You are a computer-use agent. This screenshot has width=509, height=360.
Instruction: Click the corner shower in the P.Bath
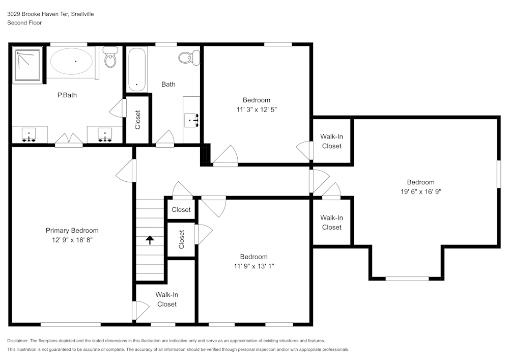pos(27,65)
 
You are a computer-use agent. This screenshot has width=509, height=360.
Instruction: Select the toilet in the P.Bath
pos(110,58)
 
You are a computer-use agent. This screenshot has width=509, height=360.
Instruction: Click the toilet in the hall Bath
pos(190,57)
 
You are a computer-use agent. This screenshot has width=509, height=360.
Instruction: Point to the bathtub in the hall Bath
pos(137,69)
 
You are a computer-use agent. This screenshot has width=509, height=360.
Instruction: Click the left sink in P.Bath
pos(29,135)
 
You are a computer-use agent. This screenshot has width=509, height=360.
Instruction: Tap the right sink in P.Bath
pos(105,135)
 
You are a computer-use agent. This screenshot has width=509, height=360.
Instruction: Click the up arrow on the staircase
pos(150,240)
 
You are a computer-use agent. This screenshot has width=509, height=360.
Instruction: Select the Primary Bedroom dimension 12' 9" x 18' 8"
pos(72,239)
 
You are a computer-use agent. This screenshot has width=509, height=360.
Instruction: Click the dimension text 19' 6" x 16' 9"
pos(420,191)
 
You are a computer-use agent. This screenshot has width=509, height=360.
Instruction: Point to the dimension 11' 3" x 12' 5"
pos(256,109)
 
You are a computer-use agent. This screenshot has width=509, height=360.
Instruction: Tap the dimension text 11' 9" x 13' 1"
pos(253,266)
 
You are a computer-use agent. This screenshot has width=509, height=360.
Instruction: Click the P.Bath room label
pos(67,95)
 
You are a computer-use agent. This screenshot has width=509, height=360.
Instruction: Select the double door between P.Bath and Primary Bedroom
pos(69,140)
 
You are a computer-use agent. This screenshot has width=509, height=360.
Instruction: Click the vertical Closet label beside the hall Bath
pos(137,120)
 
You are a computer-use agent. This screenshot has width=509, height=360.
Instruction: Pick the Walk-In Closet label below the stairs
pos(166,299)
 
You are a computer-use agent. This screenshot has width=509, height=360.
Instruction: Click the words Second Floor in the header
pos(24,23)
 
